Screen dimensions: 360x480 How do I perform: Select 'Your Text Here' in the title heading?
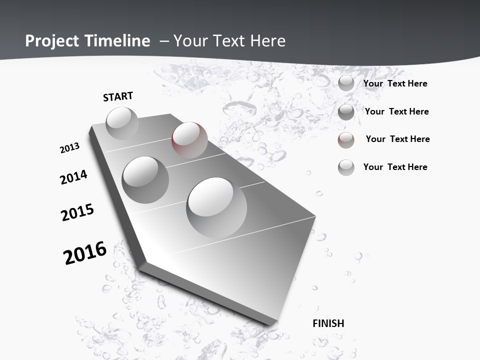click(x=229, y=41)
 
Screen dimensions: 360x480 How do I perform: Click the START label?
click(x=118, y=96)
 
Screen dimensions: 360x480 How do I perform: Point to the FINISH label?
click(x=328, y=323)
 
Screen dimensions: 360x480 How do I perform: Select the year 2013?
click(x=70, y=147)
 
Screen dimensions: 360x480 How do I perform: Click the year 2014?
click(x=74, y=177)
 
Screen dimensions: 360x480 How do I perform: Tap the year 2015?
click(x=77, y=212)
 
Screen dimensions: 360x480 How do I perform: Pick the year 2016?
click(x=85, y=252)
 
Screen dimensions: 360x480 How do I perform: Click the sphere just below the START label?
click(x=122, y=123)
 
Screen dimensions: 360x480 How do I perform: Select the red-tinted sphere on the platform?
click(x=189, y=139)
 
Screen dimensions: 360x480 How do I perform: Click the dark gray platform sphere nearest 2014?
click(x=145, y=179)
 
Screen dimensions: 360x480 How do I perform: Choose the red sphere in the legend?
click(x=346, y=140)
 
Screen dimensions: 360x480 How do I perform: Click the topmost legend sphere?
click(x=346, y=83)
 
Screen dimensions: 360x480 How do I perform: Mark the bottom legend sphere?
click(x=346, y=167)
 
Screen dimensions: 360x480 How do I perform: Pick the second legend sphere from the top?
click(x=346, y=112)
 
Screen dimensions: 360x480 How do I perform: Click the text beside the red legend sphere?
click(x=397, y=139)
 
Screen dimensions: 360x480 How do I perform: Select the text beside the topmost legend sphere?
click(x=395, y=83)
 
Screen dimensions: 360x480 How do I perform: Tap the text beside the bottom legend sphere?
click(x=395, y=167)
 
